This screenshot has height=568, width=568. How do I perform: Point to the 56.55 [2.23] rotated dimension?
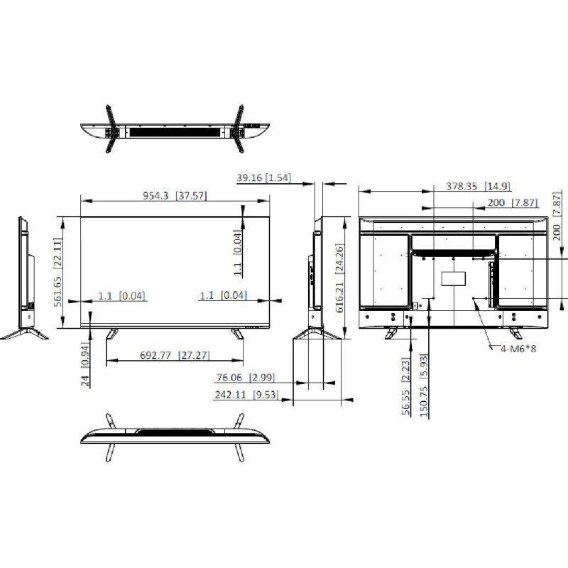tap(405, 387)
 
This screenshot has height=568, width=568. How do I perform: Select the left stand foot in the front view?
tap(112, 332)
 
